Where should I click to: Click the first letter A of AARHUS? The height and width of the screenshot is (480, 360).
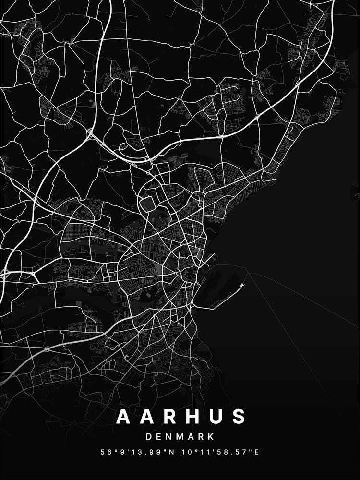[x=123, y=417]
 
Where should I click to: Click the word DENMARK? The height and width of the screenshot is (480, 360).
[x=180, y=437]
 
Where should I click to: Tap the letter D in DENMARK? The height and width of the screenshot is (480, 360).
[x=148, y=437]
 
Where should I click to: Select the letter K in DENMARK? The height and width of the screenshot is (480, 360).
[x=211, y=437]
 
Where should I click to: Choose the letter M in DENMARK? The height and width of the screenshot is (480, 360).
[x=180, y=437]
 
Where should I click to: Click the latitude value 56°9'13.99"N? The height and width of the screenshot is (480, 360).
[x=136, y=452]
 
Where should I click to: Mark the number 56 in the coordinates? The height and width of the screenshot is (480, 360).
[x=105, y=452]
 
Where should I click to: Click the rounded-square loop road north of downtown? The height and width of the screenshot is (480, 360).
[x=147, y=204]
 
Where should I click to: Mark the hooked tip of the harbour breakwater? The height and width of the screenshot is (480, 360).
[x=242, y=285]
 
